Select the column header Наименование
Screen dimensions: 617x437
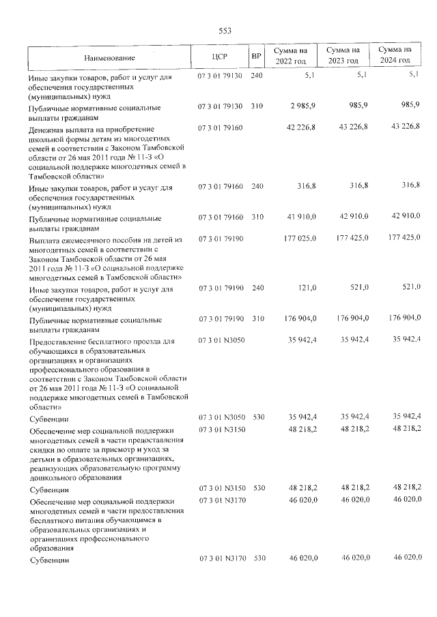point(109,57)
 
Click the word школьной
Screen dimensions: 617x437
point(46,137)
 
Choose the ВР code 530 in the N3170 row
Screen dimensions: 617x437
point(258,558)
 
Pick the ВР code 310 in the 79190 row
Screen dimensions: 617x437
point(256,318)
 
